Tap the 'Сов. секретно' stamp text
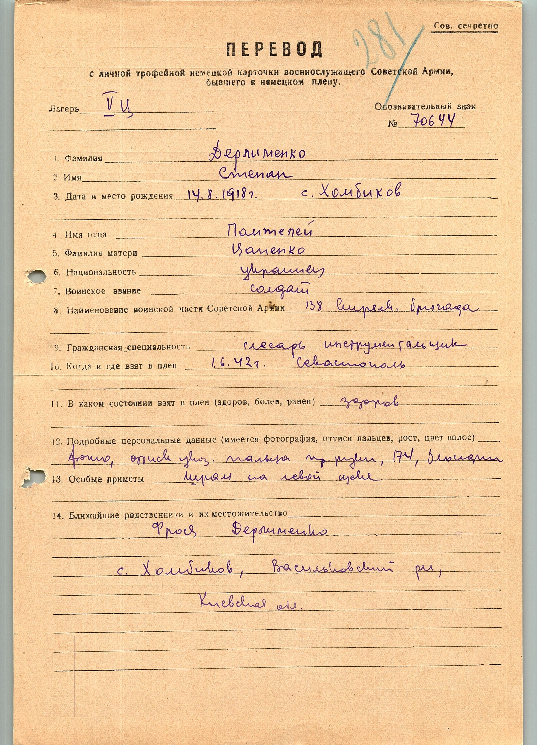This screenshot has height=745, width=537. click(x=465, y=26)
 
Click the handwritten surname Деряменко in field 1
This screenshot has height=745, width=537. click(x=258, y=154)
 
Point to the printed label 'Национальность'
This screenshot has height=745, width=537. click(x=101, y=272)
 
